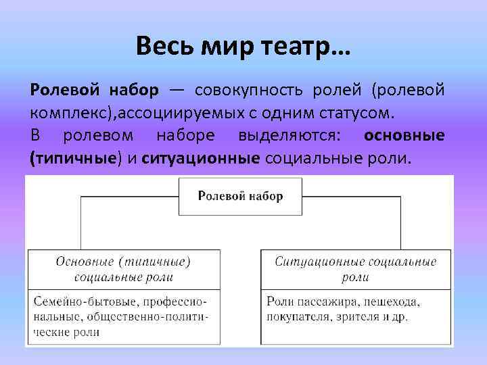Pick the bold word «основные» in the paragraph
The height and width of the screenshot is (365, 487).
pos(404,136)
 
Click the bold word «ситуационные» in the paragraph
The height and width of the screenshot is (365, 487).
pos(202,160)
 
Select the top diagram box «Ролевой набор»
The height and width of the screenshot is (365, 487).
pos(240,196)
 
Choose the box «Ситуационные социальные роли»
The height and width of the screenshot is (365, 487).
pos(355,268)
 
